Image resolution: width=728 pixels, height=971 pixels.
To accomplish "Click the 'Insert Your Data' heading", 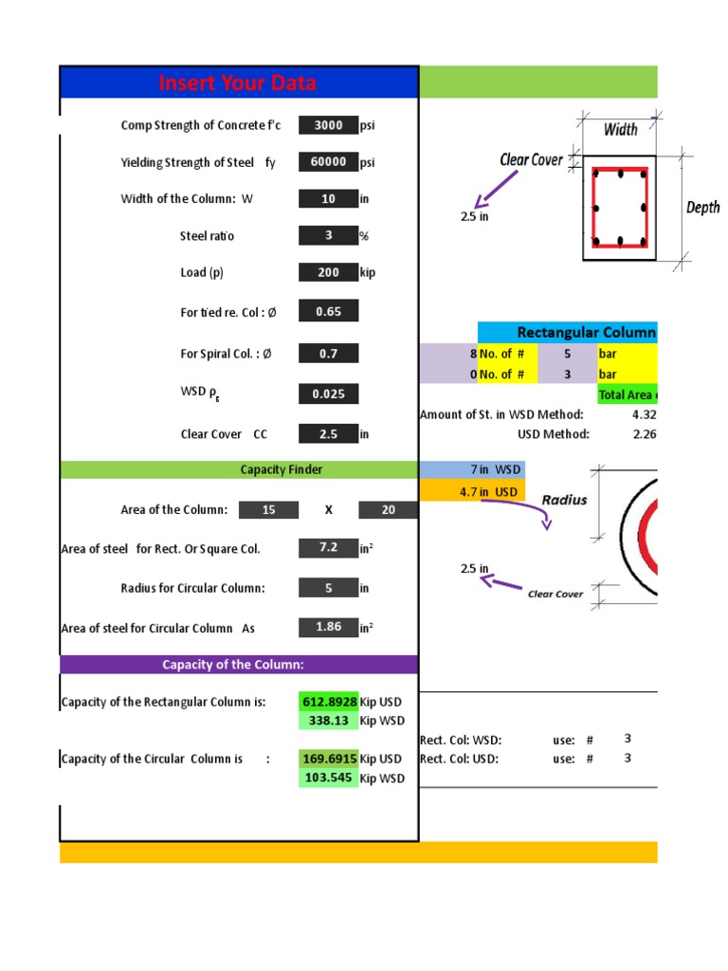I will click(238, 83).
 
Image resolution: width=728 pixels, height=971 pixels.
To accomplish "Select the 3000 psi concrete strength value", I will click(328, 125).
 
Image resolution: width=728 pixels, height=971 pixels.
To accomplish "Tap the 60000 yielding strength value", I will click(328, 162).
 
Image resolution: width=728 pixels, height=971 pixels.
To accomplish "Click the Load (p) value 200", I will click(328, 272).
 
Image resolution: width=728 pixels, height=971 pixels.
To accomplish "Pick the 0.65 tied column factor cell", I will click(328, 311).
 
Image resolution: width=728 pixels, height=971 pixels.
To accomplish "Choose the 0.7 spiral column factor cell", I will click(328, 354).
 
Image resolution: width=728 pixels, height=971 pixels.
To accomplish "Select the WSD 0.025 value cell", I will click(328, 394).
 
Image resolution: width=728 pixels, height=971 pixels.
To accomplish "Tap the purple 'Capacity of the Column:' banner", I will click(238, 665).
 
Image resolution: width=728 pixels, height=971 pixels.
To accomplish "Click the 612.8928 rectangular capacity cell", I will click(329, 702).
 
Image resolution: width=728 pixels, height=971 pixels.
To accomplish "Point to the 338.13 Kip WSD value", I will click(329, 721).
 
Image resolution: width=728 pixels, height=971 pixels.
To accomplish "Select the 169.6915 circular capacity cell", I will click(329, 759).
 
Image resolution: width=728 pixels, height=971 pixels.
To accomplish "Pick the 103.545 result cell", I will click(329, 778).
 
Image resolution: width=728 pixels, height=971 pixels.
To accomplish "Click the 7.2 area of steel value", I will click(328, 548).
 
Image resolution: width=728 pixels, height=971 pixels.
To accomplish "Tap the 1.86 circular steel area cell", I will click(328, 628).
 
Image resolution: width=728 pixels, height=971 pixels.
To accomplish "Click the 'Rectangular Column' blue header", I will click(585, 332).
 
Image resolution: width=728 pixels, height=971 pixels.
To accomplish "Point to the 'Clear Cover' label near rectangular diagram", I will click(531, 160).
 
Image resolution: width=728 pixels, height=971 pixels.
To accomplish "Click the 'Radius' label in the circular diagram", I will click(564, 500).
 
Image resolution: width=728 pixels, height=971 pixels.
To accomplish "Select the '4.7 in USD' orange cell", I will click(470, 492).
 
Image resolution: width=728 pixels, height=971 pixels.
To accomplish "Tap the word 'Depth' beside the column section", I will click(702, 208).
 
